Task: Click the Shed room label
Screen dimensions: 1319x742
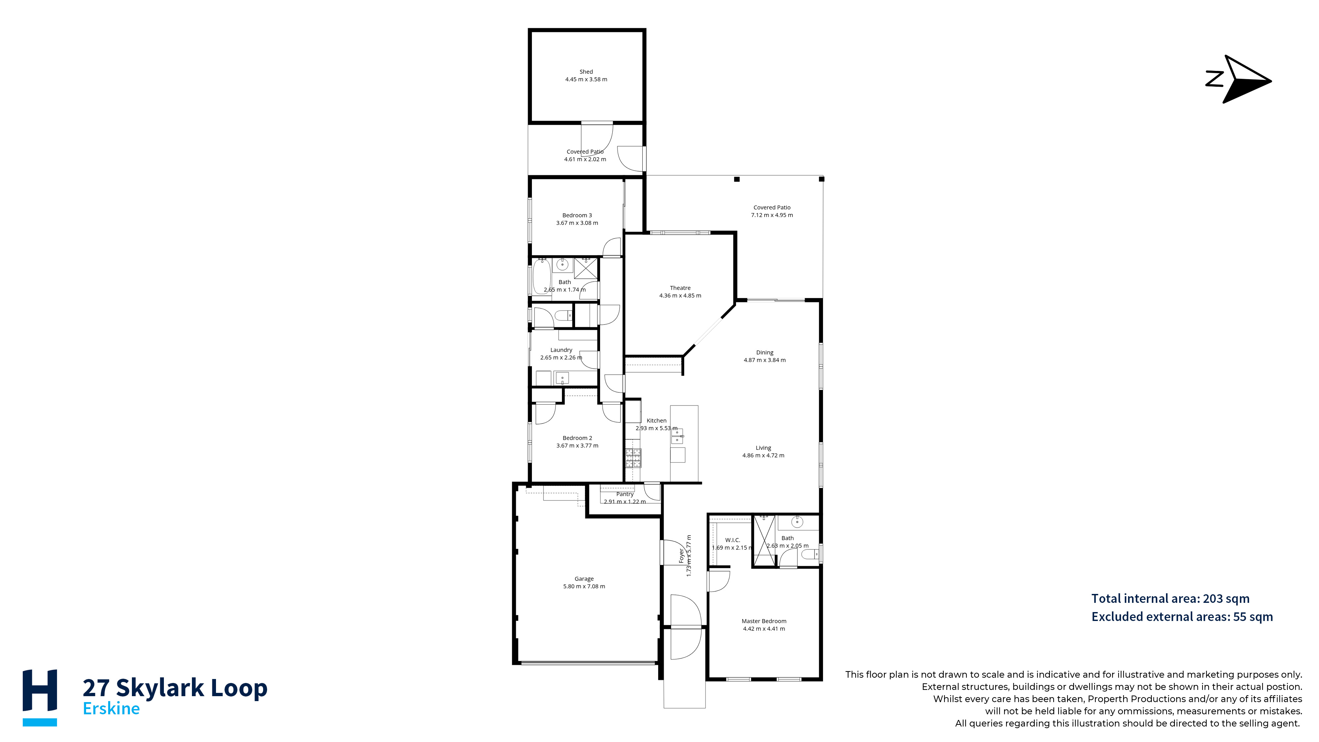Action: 586,72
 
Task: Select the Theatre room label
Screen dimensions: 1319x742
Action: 680,288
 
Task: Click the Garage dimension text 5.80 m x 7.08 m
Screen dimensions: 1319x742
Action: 584,586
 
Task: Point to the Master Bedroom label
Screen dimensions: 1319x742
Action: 764,621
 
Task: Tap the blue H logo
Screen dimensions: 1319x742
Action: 40,697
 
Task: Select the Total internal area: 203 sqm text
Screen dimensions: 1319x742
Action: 1171,598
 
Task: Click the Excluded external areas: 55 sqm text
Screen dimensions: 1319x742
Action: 1182,617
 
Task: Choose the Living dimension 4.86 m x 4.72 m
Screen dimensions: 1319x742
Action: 763,455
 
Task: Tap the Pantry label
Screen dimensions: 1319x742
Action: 625,494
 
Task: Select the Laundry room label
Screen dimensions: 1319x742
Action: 561,350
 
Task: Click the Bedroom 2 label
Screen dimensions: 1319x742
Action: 577,438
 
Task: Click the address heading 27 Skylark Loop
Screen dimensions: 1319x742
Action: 175,687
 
